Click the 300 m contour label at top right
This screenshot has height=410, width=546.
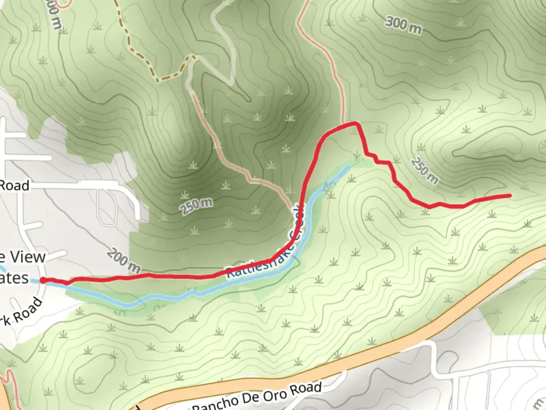click(403, 25)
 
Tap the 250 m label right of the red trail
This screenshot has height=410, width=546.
click(424, 170)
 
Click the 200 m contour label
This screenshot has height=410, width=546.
click(124, 261)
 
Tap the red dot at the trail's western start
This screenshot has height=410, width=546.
click(43, 281)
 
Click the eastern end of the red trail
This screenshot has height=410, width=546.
click(509, 196)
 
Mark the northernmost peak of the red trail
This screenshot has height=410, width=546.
click(355, 123)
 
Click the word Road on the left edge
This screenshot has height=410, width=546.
click(14, 186)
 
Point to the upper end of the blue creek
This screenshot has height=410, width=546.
click(347, 167)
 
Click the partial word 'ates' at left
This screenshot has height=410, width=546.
click(14, 278)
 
